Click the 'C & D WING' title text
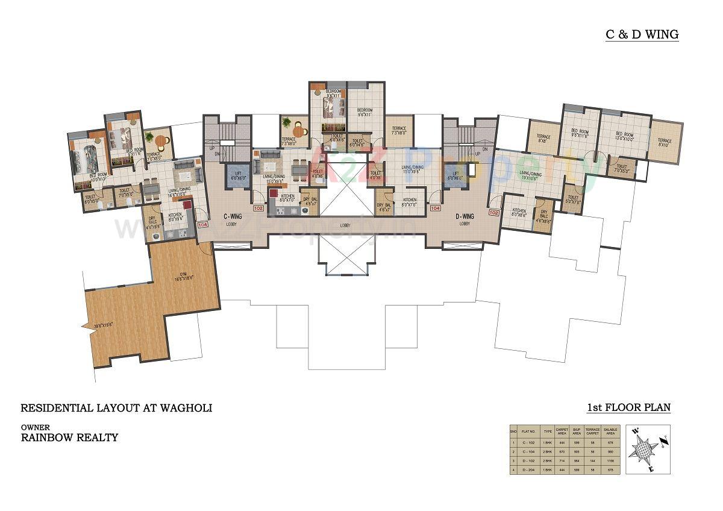tap(642, 34)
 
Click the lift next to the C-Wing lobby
tap(238, 176)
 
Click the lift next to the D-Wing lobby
tap(455, 176)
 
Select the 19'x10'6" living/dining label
tap(530, 175)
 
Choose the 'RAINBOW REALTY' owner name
tap(69, 437)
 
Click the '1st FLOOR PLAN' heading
tap(628, 408)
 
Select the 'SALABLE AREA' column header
tap(610, 431)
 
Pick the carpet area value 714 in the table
tap(562, 461)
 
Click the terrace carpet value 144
tap(593, 461)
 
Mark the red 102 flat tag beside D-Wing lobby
tap(494, 212)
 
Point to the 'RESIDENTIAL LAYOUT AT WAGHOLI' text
tap(116, 408)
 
